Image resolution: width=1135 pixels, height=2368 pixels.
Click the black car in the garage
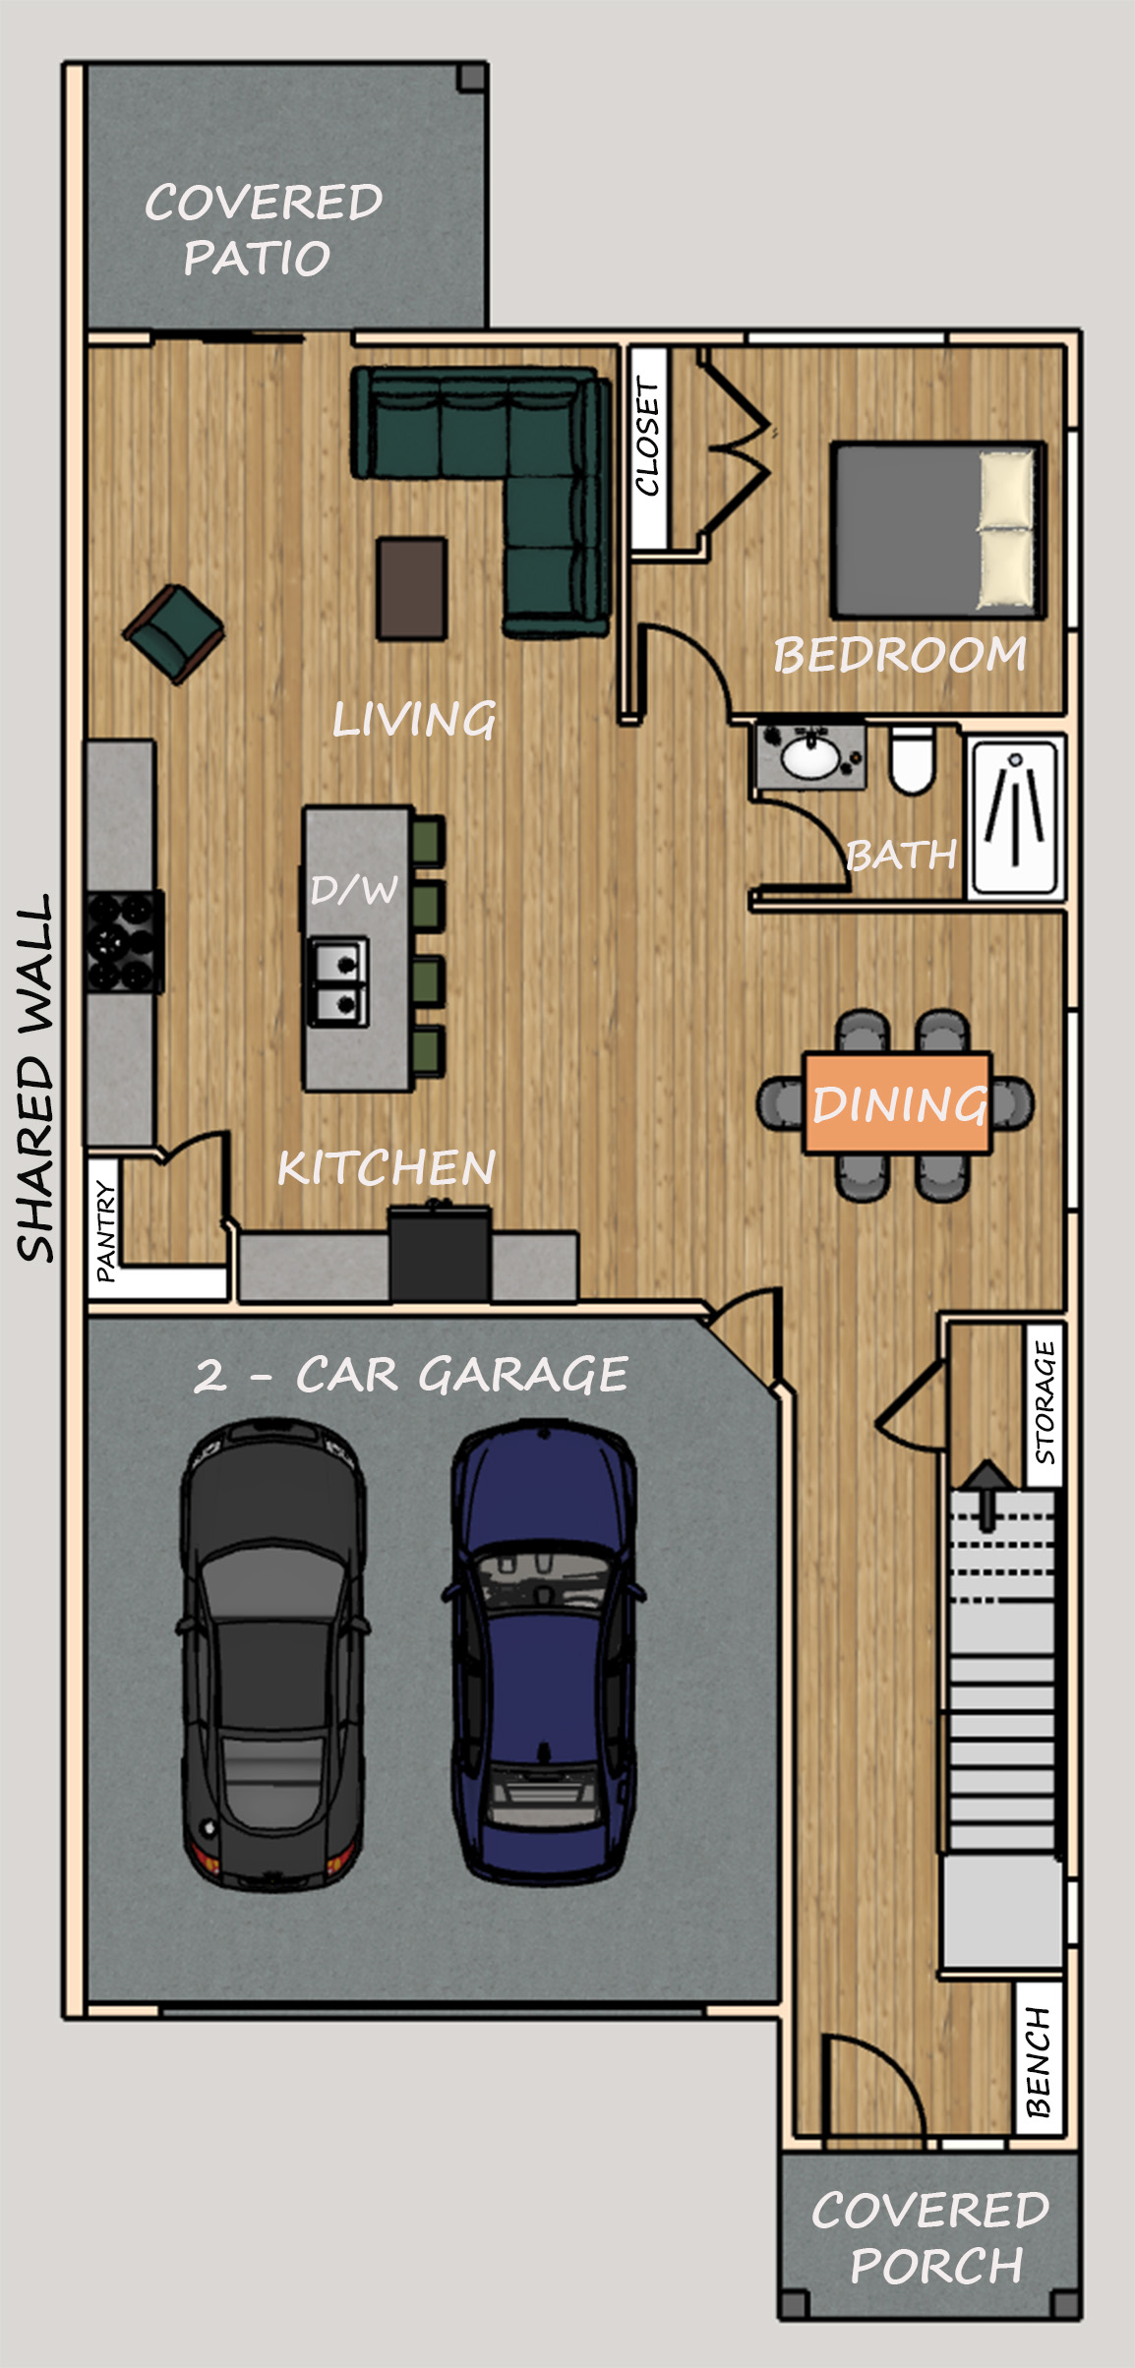pos(272,1654)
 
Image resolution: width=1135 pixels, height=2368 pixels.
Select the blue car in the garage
pos(544,1652)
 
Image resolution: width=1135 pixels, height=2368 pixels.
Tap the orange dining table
pos(897,1103)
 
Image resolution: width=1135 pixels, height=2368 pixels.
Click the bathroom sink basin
pos(810,757)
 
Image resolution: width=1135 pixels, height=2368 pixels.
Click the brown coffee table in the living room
pos(412,588)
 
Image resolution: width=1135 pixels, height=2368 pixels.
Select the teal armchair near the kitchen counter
pos(174,632)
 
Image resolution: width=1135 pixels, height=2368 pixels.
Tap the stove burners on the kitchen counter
pos(124,941)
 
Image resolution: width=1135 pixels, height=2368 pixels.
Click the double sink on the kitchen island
pos(338,980)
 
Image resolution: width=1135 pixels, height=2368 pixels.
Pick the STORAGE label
pos(1045,1402)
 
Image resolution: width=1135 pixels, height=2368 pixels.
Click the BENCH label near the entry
pos(1039,2061)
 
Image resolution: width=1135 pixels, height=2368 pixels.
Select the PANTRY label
pos(105,1232)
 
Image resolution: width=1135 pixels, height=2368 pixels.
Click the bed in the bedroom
pos(937,530)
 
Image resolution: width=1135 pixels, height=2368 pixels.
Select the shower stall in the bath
pos(1016,818)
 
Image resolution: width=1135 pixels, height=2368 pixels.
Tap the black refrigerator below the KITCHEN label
pos(440,1255)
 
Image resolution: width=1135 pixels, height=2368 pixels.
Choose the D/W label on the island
pos(354,890)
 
